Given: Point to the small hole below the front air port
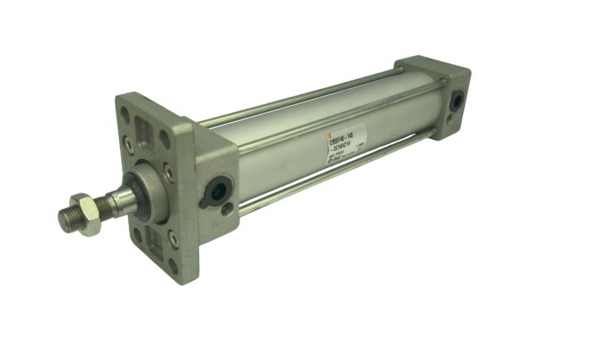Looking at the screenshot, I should tap(226, 210).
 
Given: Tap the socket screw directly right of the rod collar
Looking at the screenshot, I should tap(170, 175).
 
